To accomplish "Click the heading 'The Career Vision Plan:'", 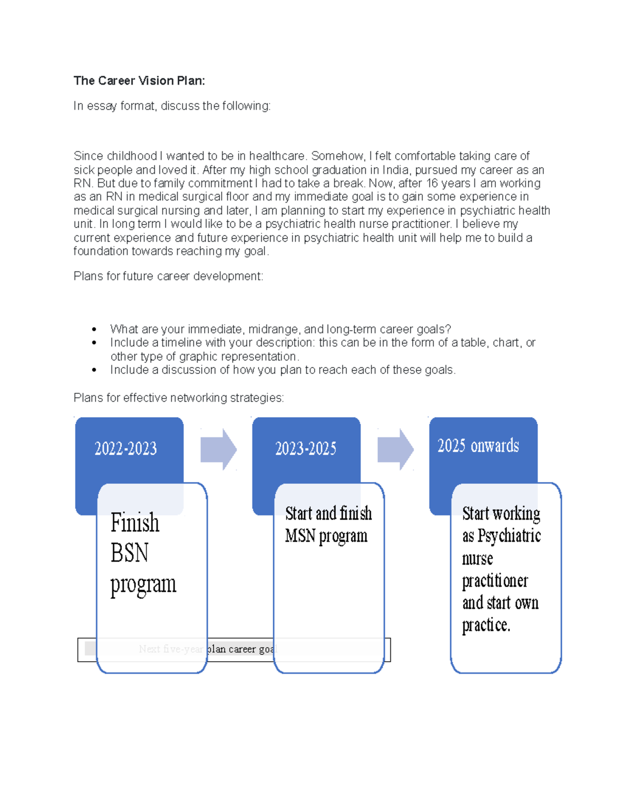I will tap(139, 81).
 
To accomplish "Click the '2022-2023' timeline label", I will tap(125, 449).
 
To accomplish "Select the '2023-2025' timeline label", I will tap(306, 449).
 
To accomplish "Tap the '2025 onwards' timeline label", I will tap(478, 446).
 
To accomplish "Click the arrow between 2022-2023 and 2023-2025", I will tap(218, 449).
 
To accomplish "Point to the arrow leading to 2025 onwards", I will tap(396, 449).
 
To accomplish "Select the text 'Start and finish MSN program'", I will tap(328, 525).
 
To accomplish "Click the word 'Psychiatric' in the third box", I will tap(509, 536).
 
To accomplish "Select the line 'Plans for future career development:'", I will tap(168, 276).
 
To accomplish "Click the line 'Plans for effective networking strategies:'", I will tap(179, 398).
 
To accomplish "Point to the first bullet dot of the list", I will tap(94, 330).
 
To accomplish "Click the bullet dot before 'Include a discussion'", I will tap(94, 370).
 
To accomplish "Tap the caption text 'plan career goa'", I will tap(240, 649).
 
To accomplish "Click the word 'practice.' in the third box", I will tap(486, 625).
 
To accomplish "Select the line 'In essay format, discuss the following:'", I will tap(172, 106).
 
